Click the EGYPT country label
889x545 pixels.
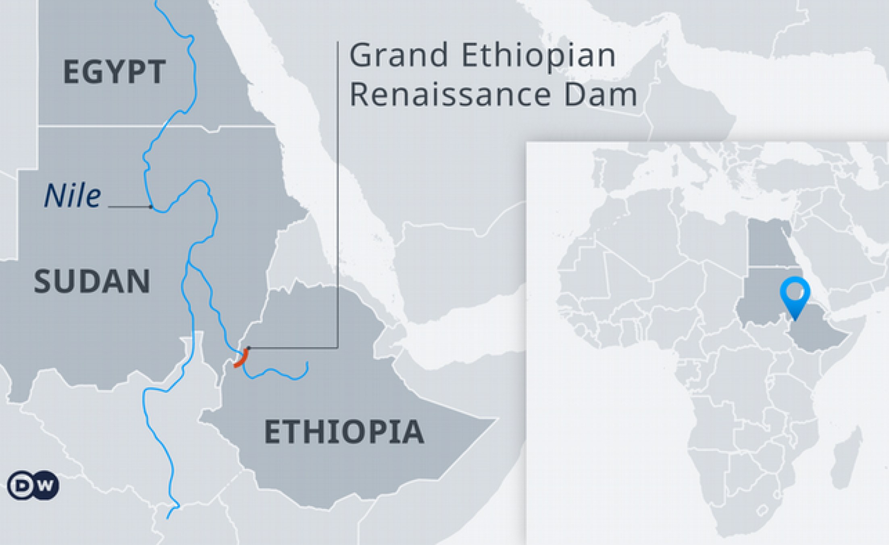pos(115,72)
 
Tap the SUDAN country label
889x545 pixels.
pos(92,281)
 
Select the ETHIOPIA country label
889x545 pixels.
pos(344,432)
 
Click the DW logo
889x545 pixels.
pos(33,485)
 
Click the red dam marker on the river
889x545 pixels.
pos(241,358)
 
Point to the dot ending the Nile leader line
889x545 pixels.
pos(151,207)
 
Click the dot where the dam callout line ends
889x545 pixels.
pos(248,348)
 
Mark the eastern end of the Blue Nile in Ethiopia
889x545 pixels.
pos(308,363)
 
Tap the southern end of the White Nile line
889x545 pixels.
pos(167,518)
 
